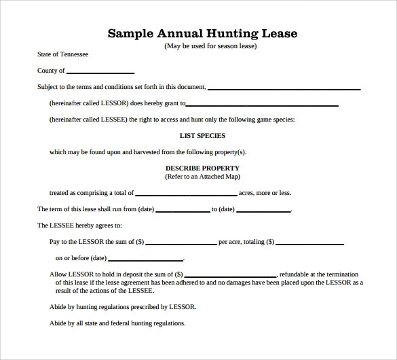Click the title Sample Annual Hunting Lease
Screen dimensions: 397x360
(202, 33)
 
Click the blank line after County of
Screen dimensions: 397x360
(100, 72)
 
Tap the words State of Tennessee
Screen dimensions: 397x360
(62, 54)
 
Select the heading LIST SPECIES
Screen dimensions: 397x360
(202, 135)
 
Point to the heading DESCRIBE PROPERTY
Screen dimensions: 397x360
(202, 168)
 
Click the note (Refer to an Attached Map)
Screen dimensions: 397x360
(202, 177)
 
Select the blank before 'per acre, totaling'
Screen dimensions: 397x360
(181, 243)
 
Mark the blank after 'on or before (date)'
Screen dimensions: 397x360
(145, 259)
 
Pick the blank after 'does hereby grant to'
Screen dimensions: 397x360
(261, 105)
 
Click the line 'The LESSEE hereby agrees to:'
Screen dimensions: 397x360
(79, 226)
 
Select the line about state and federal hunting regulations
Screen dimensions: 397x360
(117, 323)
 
